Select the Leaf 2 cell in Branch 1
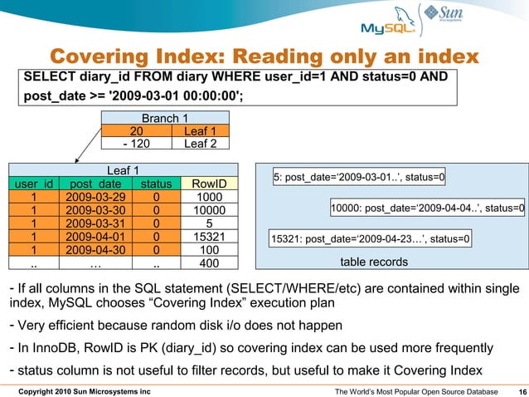tap(198, 144)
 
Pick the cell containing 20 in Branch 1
tap(137, 131)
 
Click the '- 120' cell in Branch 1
tap(137, 144)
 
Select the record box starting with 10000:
tap(427, 208)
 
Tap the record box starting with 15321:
tap(371, 240)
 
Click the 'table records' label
tap(374, 262)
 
